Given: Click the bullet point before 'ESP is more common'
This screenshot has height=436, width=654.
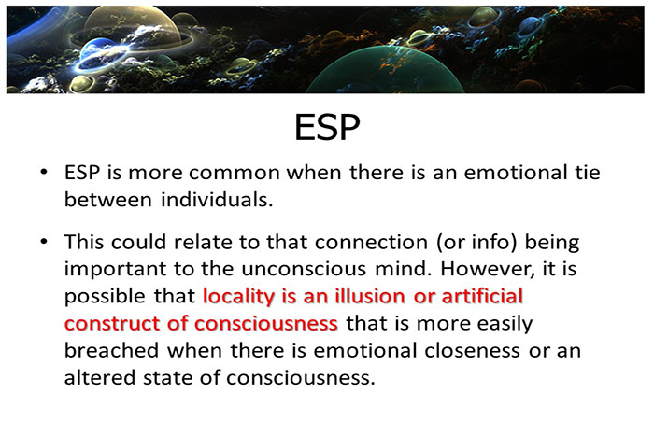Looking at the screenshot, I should [43, 174].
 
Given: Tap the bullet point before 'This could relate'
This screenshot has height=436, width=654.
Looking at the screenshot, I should [43, 242].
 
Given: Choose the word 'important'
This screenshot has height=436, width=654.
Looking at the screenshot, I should [110, 270].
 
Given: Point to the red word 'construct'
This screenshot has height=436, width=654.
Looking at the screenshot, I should [107, 324].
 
